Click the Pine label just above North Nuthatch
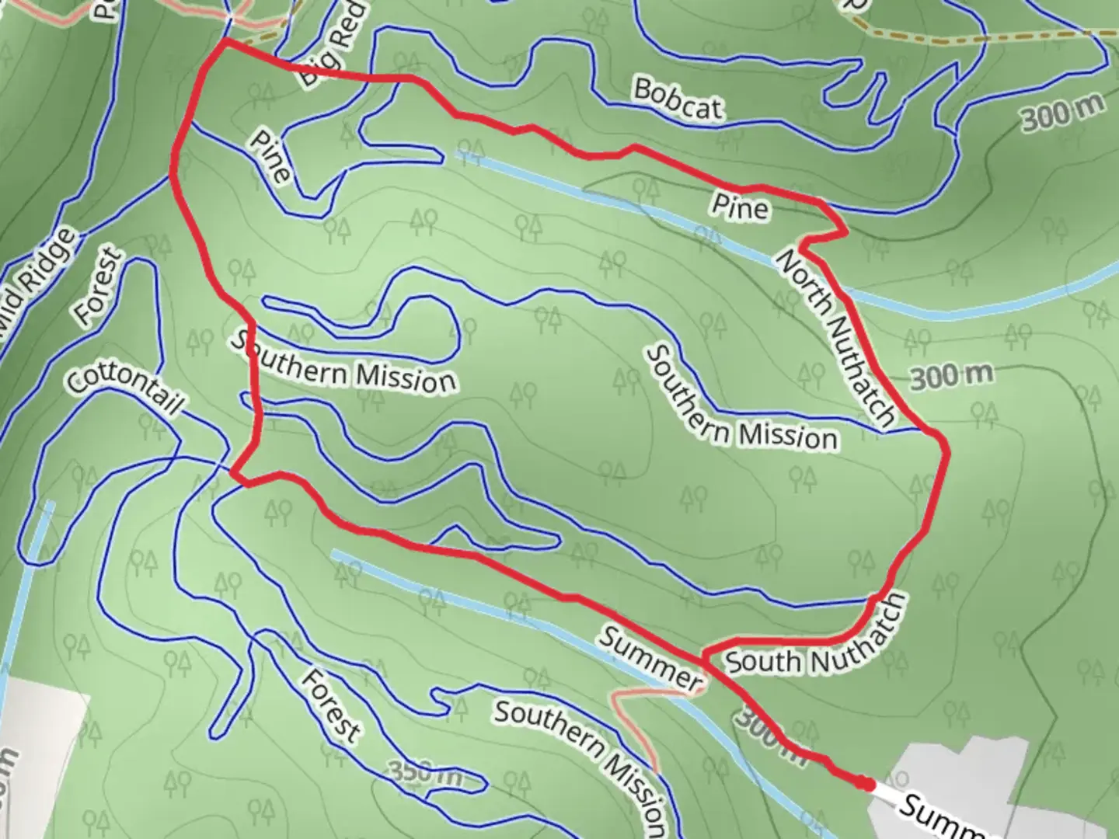(x=741, y=207)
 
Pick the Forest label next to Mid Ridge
(x=99, y=287)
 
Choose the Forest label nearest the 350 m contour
(x=331, y=705)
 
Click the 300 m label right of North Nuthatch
(x=951, y=377)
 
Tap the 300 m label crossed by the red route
(x=765, y=735)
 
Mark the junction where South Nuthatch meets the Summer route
(x=705, y=656)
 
